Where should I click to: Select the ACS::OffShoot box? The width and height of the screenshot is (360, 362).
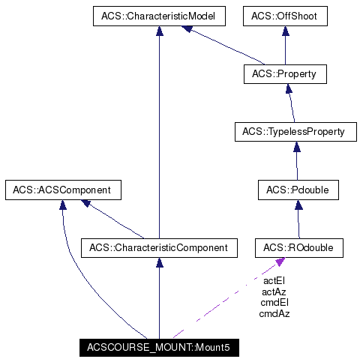point(284,16)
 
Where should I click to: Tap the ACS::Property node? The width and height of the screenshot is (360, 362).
point(284,74)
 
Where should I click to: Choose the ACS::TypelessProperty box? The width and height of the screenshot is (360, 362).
point(293,132)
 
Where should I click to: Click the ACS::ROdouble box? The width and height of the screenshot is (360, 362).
point(298,247)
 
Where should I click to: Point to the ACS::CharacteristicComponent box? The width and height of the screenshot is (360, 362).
point(159,247)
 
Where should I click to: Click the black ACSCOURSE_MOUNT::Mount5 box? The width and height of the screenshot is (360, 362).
point(159,347)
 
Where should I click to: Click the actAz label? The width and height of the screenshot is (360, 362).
point(274,291)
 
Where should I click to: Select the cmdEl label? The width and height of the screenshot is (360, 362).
point(274,302)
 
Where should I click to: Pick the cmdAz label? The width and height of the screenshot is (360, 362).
point(274,313)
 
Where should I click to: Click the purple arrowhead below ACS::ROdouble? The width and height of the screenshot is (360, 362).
point(280,261)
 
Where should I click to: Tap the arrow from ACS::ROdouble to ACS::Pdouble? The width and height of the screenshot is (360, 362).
point(298,218)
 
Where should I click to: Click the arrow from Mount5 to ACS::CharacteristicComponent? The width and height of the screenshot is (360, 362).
point(159,297)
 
